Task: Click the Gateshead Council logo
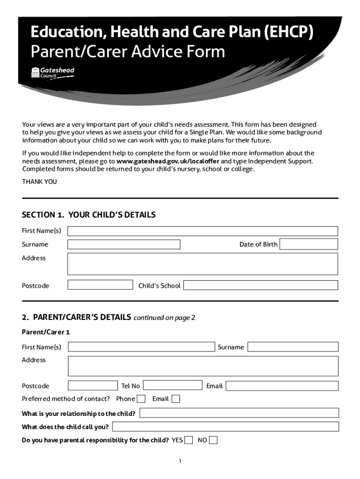[52, 73]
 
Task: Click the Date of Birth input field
[309, 244]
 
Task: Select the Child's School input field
[260, 285]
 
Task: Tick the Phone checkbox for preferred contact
[141, 399]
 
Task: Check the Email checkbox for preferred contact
[175, 399]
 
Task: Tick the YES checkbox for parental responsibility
[188, 440]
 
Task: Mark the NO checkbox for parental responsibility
[213, 440]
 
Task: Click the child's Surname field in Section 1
[124, 244]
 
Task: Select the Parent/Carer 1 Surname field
[293, 347]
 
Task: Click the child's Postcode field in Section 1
[101, 285]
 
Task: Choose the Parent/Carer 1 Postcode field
[93, 385]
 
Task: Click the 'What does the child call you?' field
[225, 427]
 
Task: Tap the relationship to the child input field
[239, 413]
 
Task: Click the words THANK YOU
[40, 181]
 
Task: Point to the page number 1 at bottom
[180, 461]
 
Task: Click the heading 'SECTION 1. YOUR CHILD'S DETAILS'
[89, 215]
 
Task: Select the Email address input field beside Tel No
[282, 386]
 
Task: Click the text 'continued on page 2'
[164, 318]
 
